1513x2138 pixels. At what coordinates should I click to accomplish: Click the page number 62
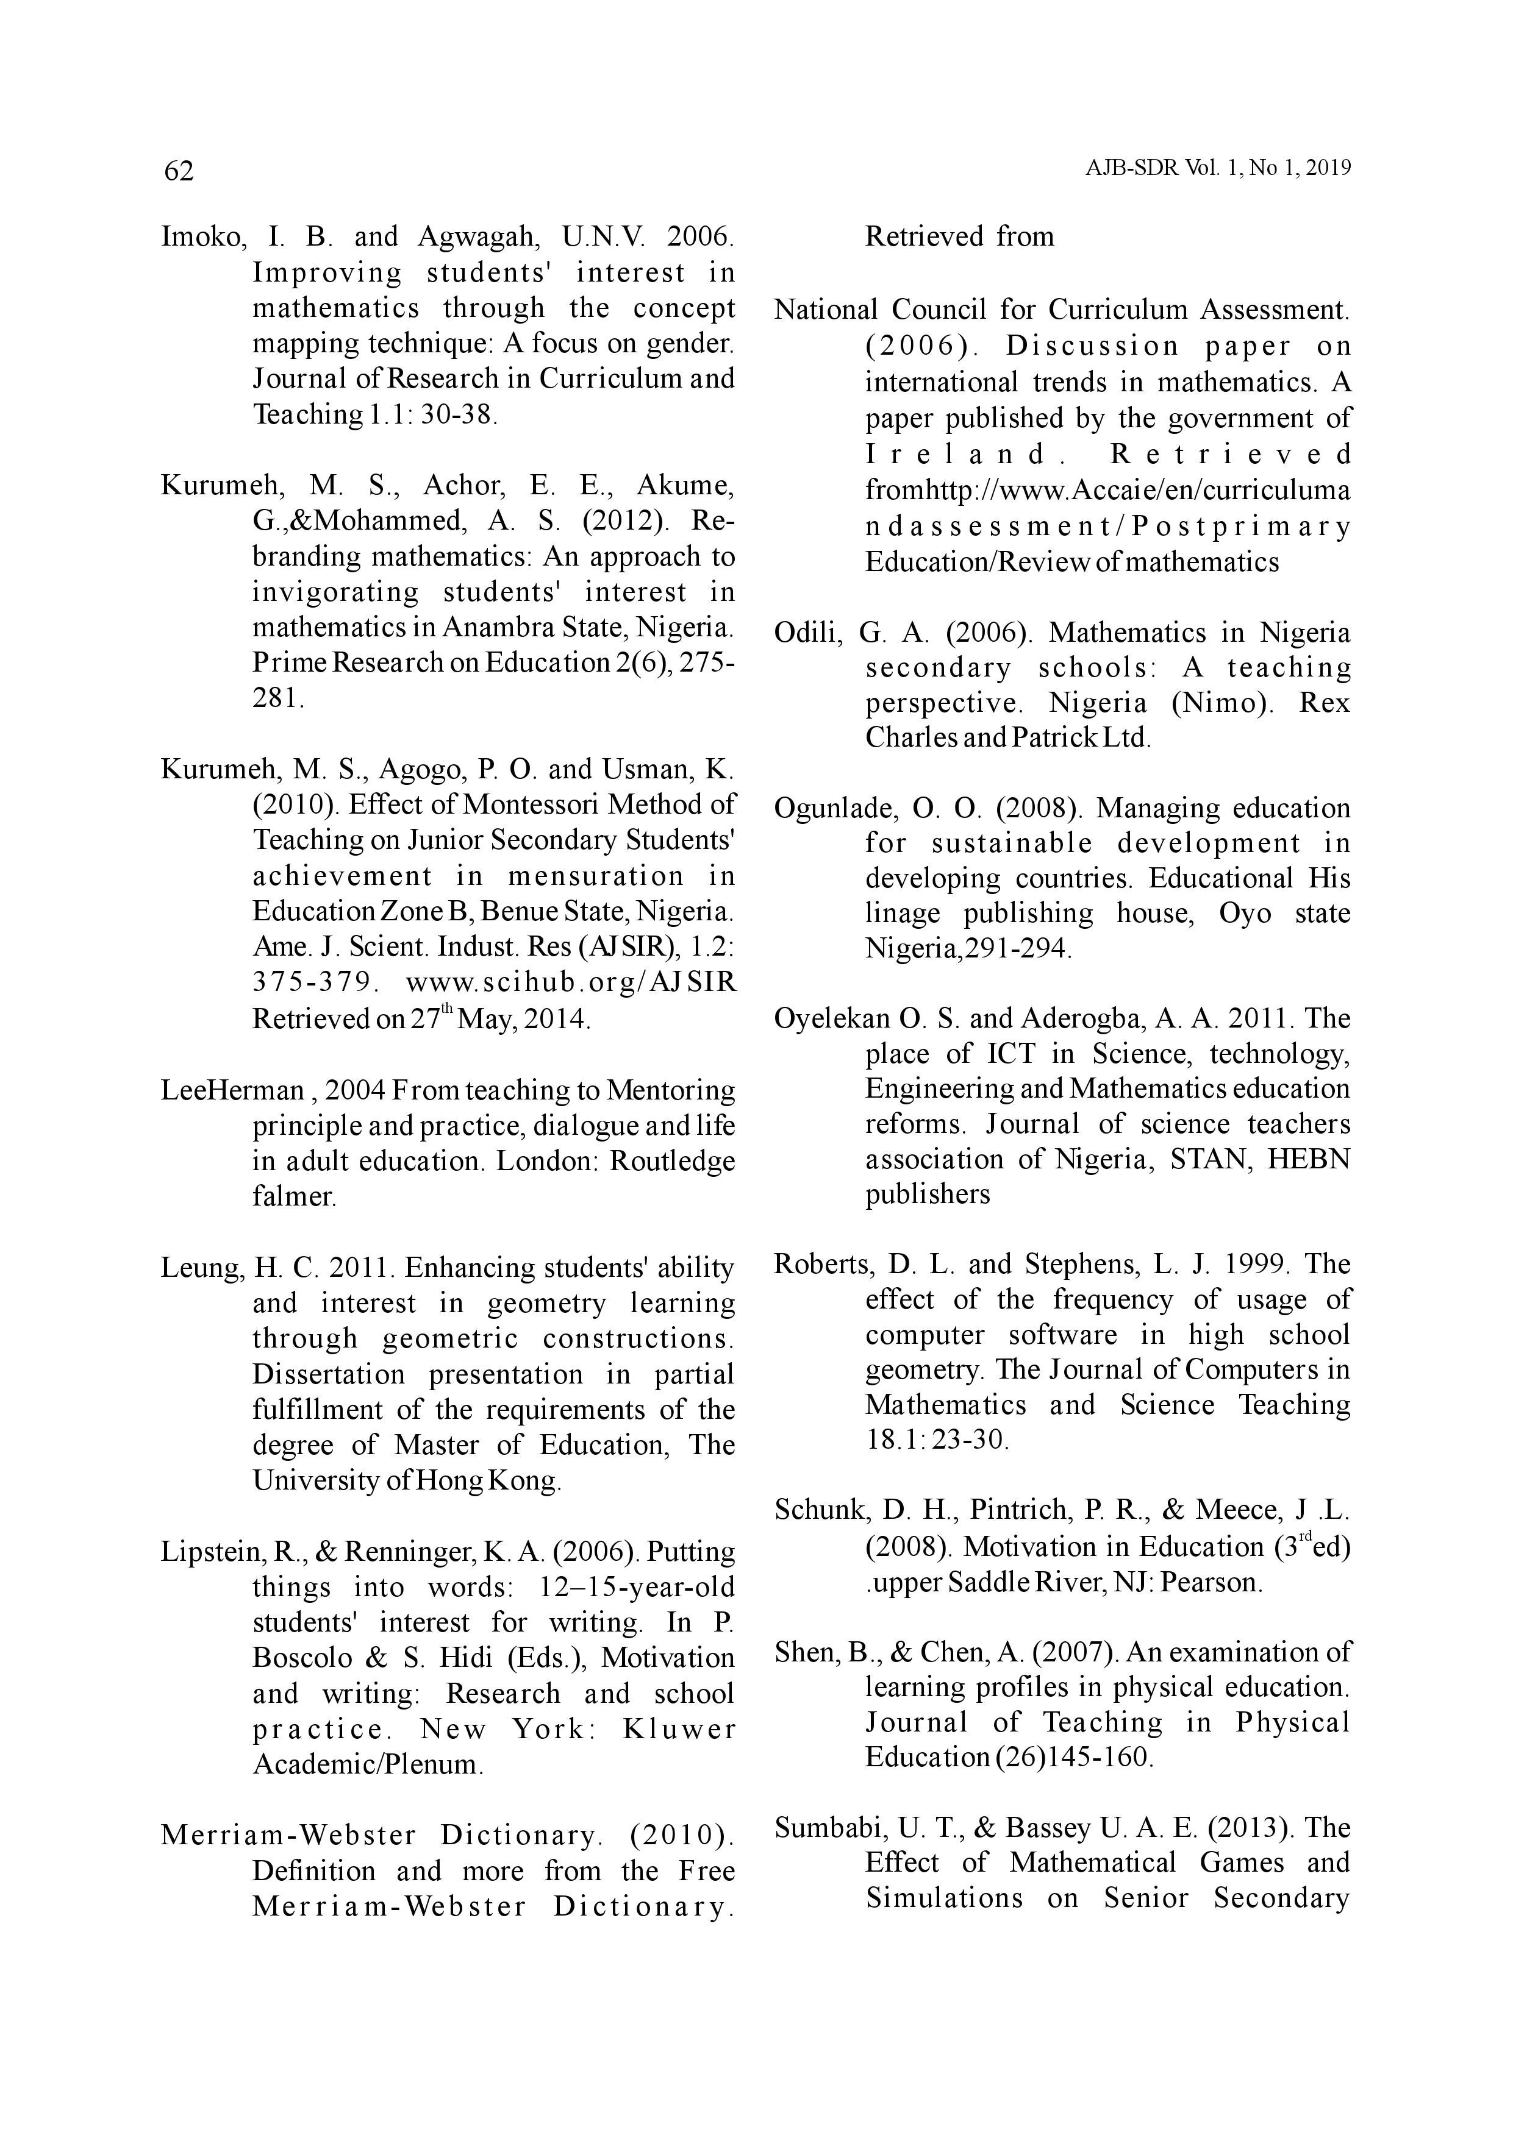point(179,171)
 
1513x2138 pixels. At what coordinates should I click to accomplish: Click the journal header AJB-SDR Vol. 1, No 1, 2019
point(1218,169)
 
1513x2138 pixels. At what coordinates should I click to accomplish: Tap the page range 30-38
point(459,414)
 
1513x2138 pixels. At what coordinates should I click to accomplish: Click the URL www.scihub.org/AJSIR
point(571,982)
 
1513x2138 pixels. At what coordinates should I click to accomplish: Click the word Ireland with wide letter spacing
point(964,455)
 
